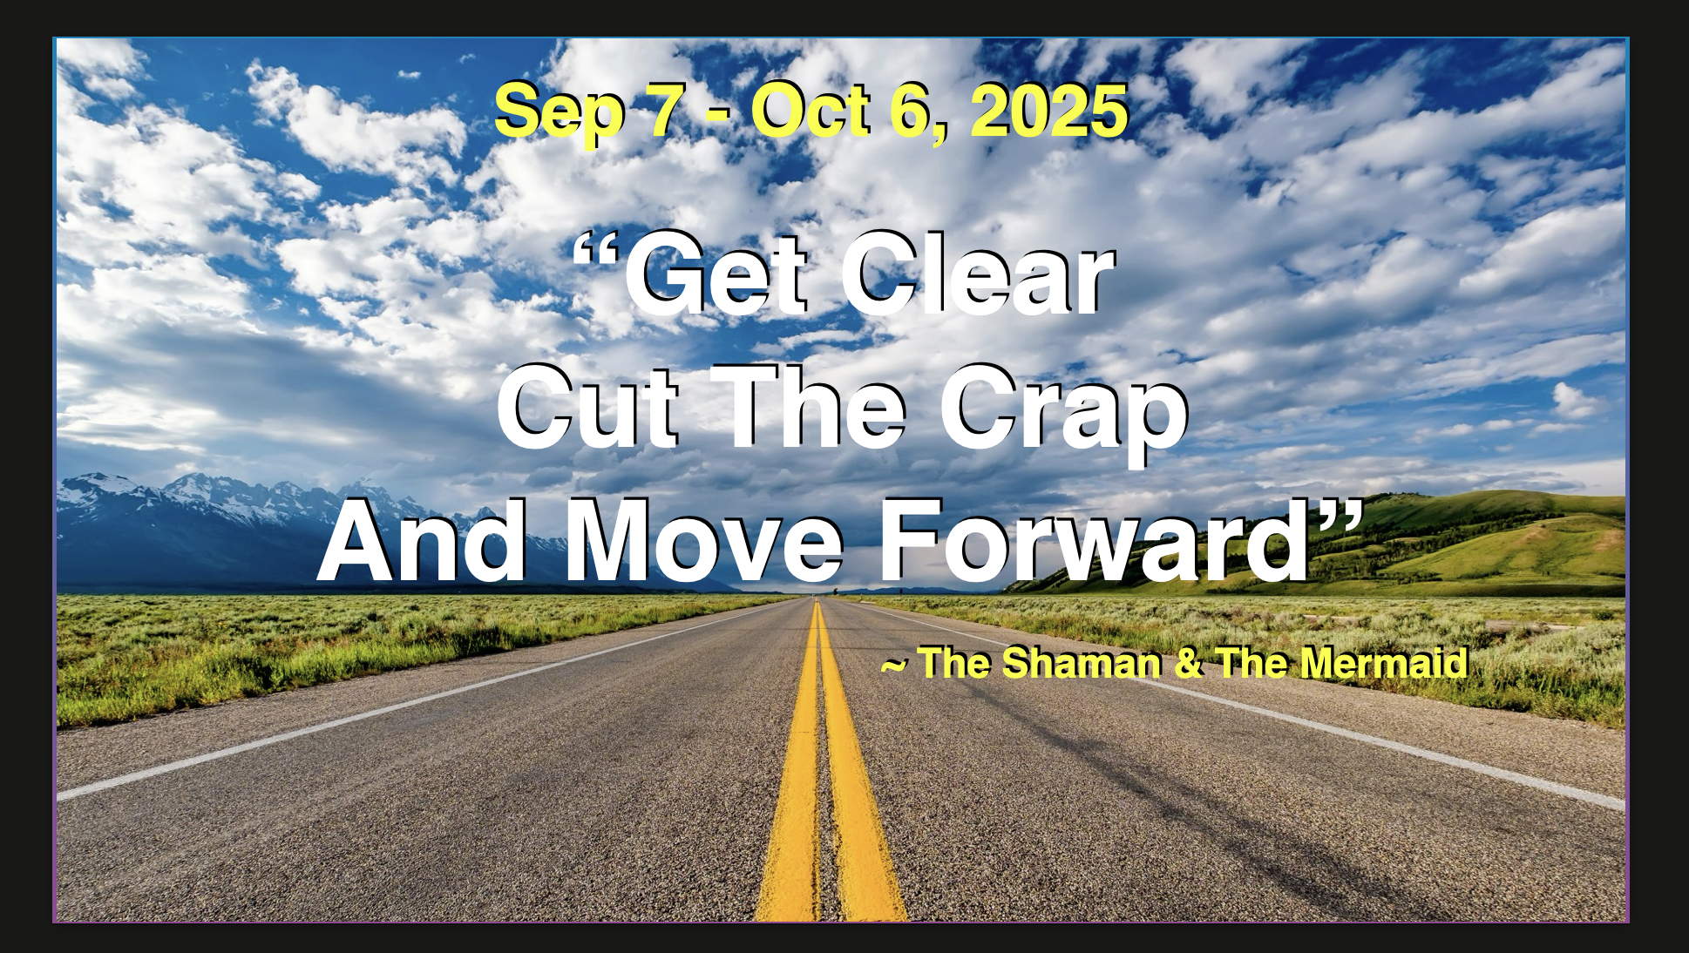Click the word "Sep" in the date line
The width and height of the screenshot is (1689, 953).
click(x=559, y=112)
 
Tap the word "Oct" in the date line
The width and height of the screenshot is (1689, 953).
click(x=811, y=111)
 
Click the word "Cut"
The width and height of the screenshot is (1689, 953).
click(x=587, y=407)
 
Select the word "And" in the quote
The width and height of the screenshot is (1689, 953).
click(x=422, y=541)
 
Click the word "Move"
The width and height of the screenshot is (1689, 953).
click(x=704, y=541)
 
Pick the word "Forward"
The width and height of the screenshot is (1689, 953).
click(x=1095, y=541)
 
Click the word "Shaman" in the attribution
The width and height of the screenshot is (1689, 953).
click(x=1081, y=663)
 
